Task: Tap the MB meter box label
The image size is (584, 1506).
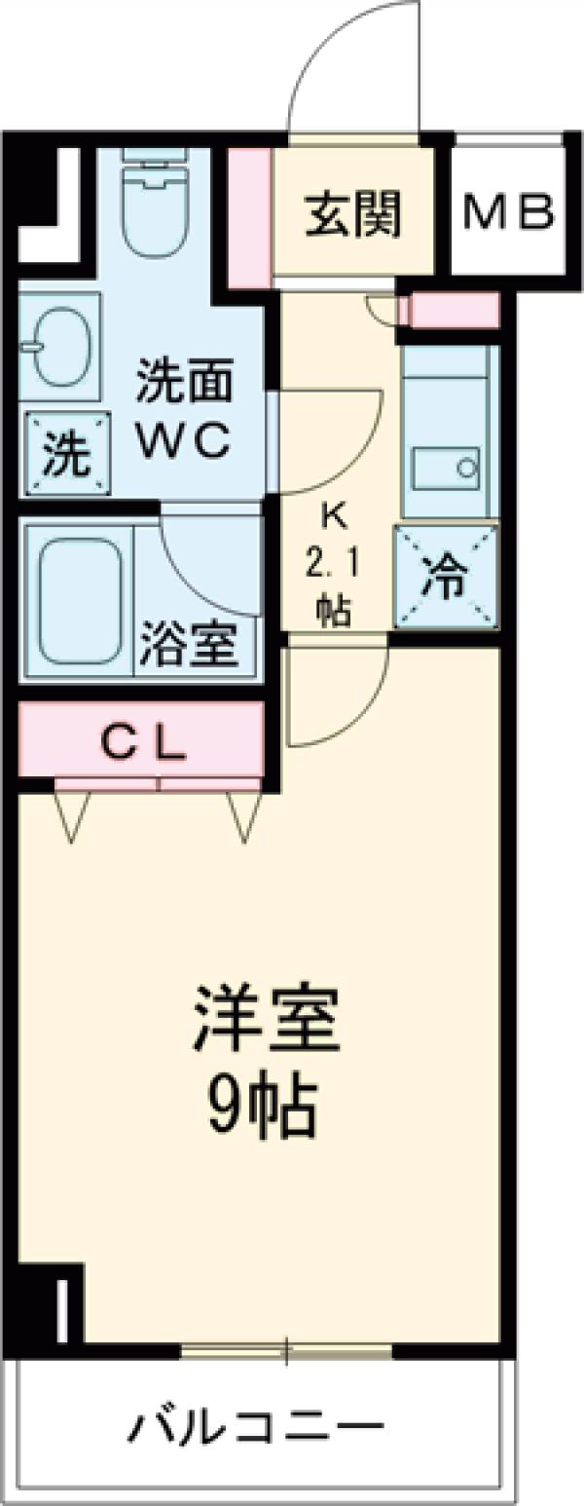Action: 507,211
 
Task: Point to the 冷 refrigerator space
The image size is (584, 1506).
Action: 446,578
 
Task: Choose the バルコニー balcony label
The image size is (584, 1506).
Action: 255,1428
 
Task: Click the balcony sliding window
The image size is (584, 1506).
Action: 286,1349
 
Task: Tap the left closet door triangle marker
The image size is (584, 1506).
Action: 74,813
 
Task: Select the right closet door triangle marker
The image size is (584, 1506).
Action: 243,813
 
